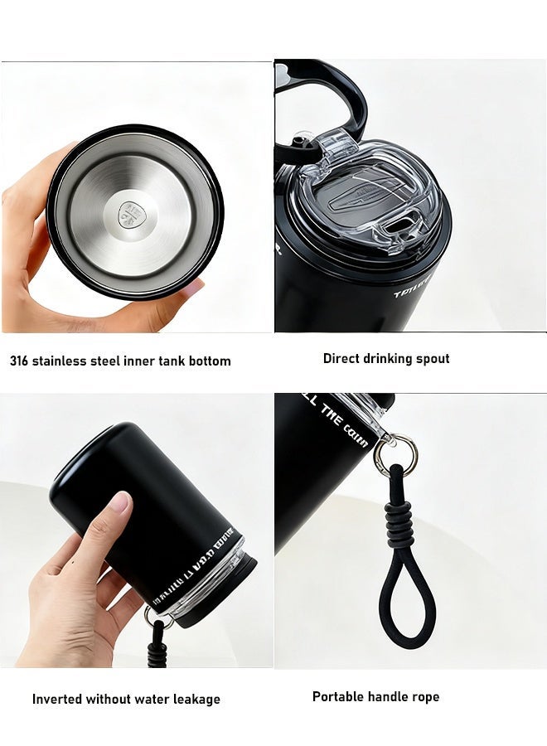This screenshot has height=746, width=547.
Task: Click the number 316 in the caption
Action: (21, 361)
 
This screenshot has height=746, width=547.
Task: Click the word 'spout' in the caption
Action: (431, 358)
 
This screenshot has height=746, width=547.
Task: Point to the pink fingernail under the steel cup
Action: (191, 288)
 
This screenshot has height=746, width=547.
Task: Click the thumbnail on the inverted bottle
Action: (119, 501)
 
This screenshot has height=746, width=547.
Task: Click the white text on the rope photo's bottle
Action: (336, 422)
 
